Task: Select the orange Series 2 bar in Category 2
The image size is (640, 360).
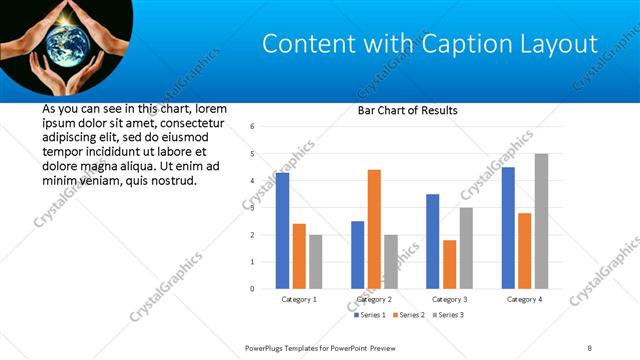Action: [374, 229]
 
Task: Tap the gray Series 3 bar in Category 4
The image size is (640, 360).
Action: [541, 221]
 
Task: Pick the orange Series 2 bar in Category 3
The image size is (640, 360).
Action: [449, 264]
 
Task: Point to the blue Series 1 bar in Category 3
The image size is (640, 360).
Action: [432, 241]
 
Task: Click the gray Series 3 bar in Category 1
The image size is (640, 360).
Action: [315, 262]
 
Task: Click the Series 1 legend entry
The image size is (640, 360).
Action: [373, 315]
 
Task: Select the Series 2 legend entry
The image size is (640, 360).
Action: [410, 315]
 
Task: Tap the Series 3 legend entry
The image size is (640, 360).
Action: [447, 315]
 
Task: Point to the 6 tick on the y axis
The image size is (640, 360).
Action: [253, 127]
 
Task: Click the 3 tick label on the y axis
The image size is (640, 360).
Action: [253, 208]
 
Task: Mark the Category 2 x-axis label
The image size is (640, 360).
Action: [375, 299]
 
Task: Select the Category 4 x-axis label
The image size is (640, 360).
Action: [525, 299]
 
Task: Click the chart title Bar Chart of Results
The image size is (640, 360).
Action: [408, 110]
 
